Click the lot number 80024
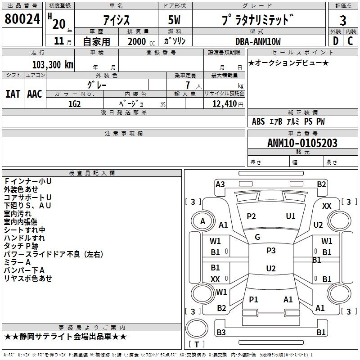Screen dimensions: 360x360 coord(22,20)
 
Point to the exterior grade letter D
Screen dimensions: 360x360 coord(335,41)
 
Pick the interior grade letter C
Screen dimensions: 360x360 coord(351,41)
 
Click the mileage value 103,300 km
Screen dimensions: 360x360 coord(53,64)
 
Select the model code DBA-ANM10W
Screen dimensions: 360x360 coord(258,41)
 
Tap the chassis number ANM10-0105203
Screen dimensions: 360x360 coord(302,143)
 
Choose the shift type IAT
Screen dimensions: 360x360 coord(13,94)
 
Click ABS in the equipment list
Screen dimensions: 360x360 coord(258,121)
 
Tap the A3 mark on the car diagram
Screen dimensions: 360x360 coord(220,184)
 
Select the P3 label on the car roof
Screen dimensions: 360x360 coord(271,251)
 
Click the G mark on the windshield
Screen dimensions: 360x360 coord(257,237)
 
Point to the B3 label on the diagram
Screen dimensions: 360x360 coord(221,333)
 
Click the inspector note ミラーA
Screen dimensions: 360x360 coord(17,262)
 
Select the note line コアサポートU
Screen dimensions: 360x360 coord(27,198)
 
